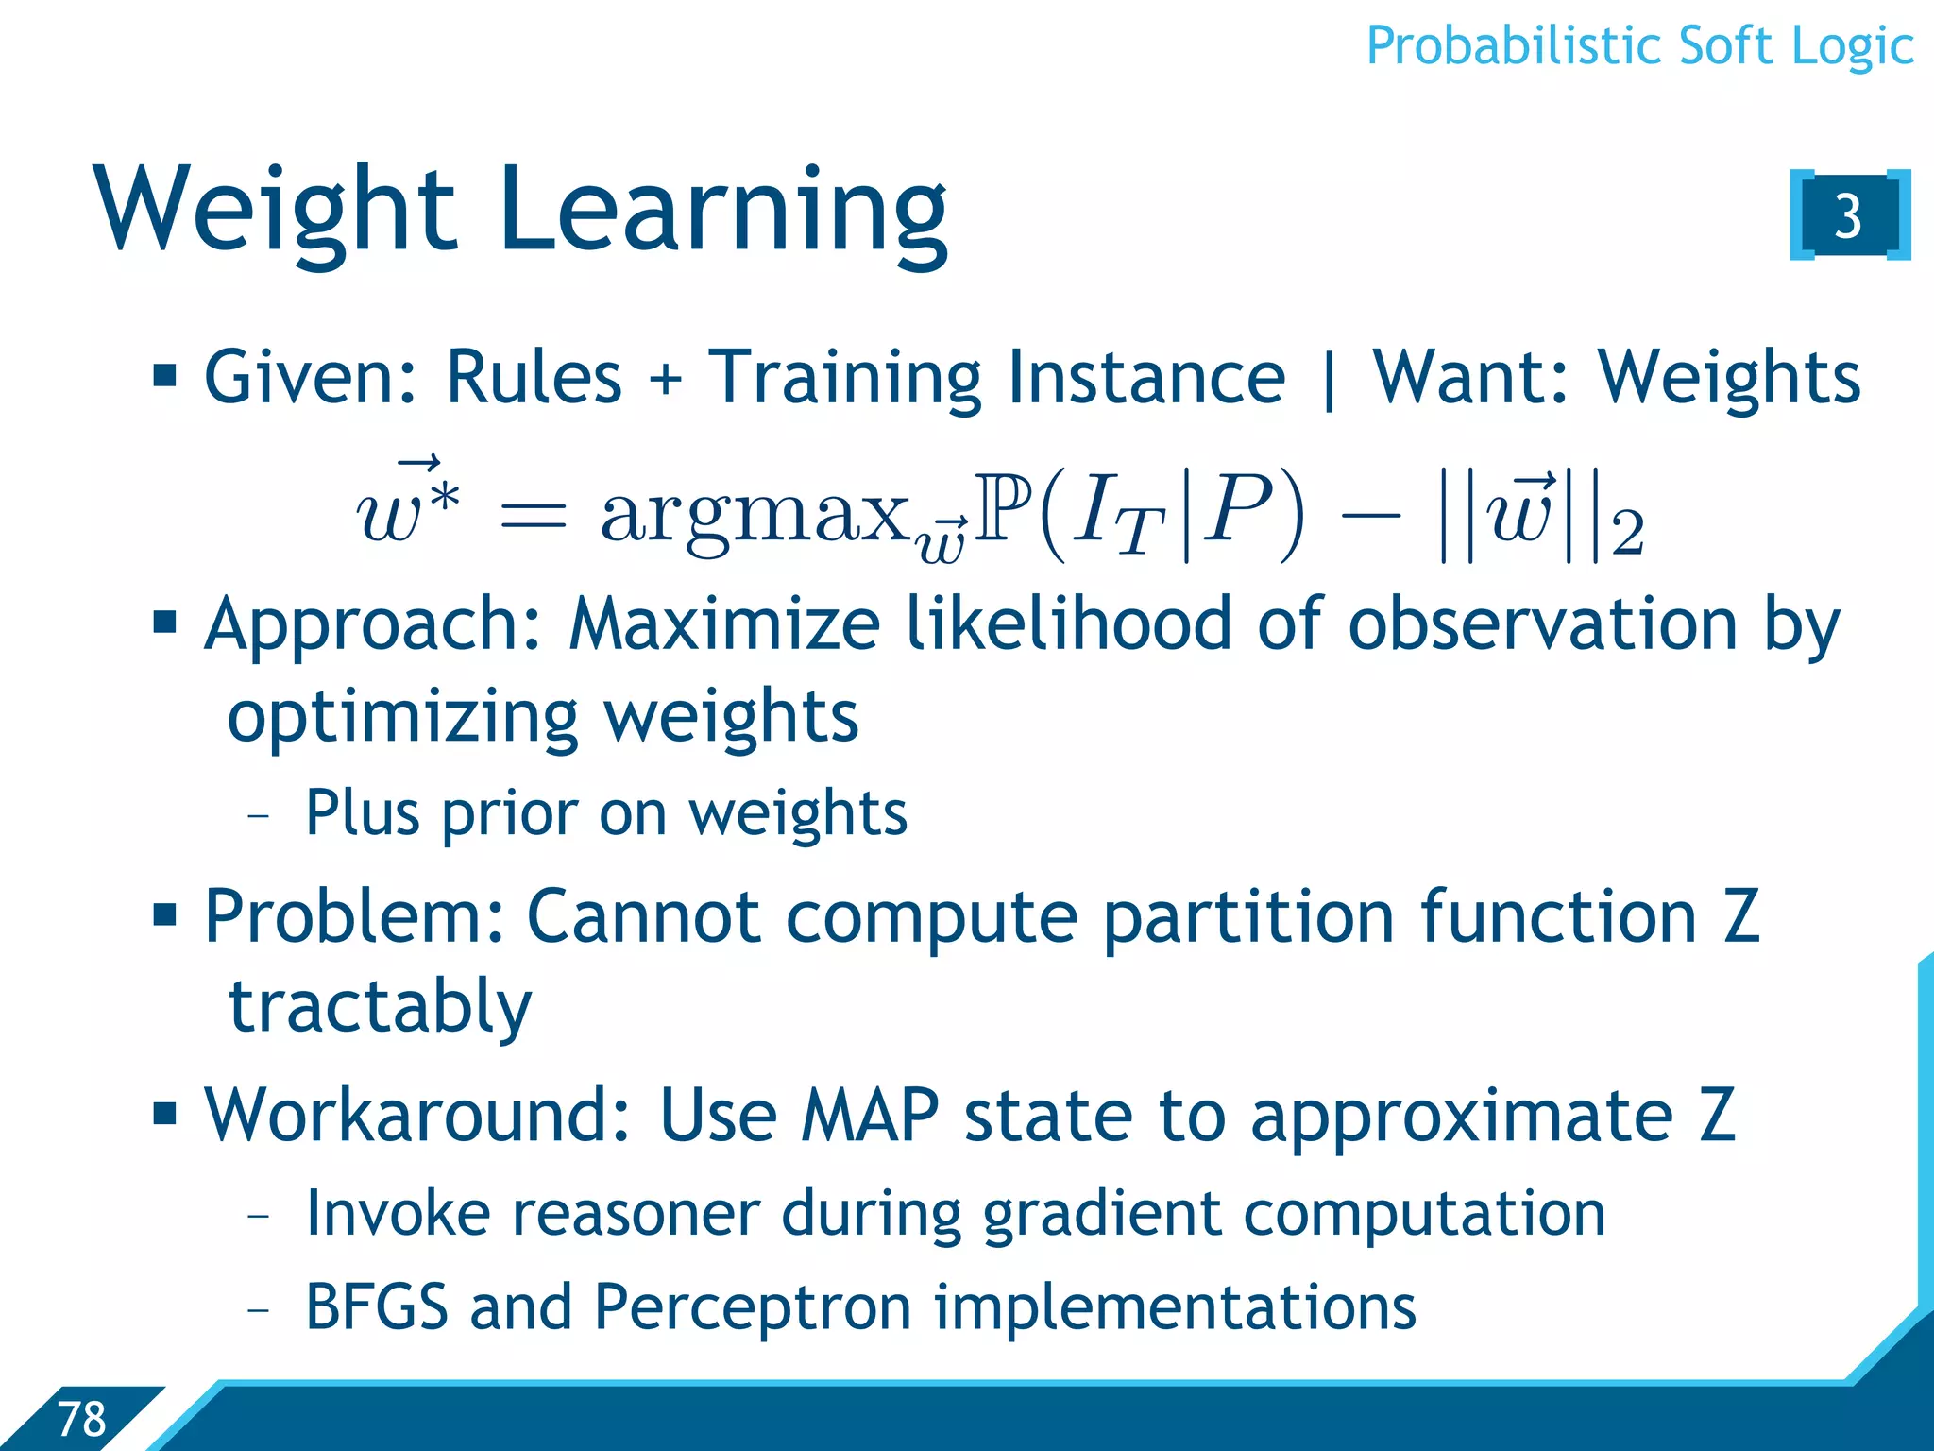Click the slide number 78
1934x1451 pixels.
[x=82, y=1419]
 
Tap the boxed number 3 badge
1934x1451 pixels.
[x=1848, y=215]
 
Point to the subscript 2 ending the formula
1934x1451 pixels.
[x=1627, y=534]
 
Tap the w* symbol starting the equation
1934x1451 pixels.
[x=406, y=510]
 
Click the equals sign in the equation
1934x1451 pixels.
[x=534, y=516]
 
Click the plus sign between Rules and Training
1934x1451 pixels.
[x=665, y=379]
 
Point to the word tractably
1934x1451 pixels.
[x=380, y=1007]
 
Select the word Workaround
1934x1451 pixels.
[x=416, y=1116]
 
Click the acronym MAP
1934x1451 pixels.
[x=869, y=1116]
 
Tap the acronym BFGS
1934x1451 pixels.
[x=377, y=1306]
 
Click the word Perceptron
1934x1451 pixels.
[x=753, y=1308]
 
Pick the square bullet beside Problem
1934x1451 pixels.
[x=165, y=914]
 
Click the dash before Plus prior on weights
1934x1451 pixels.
[x=258, y=814]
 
